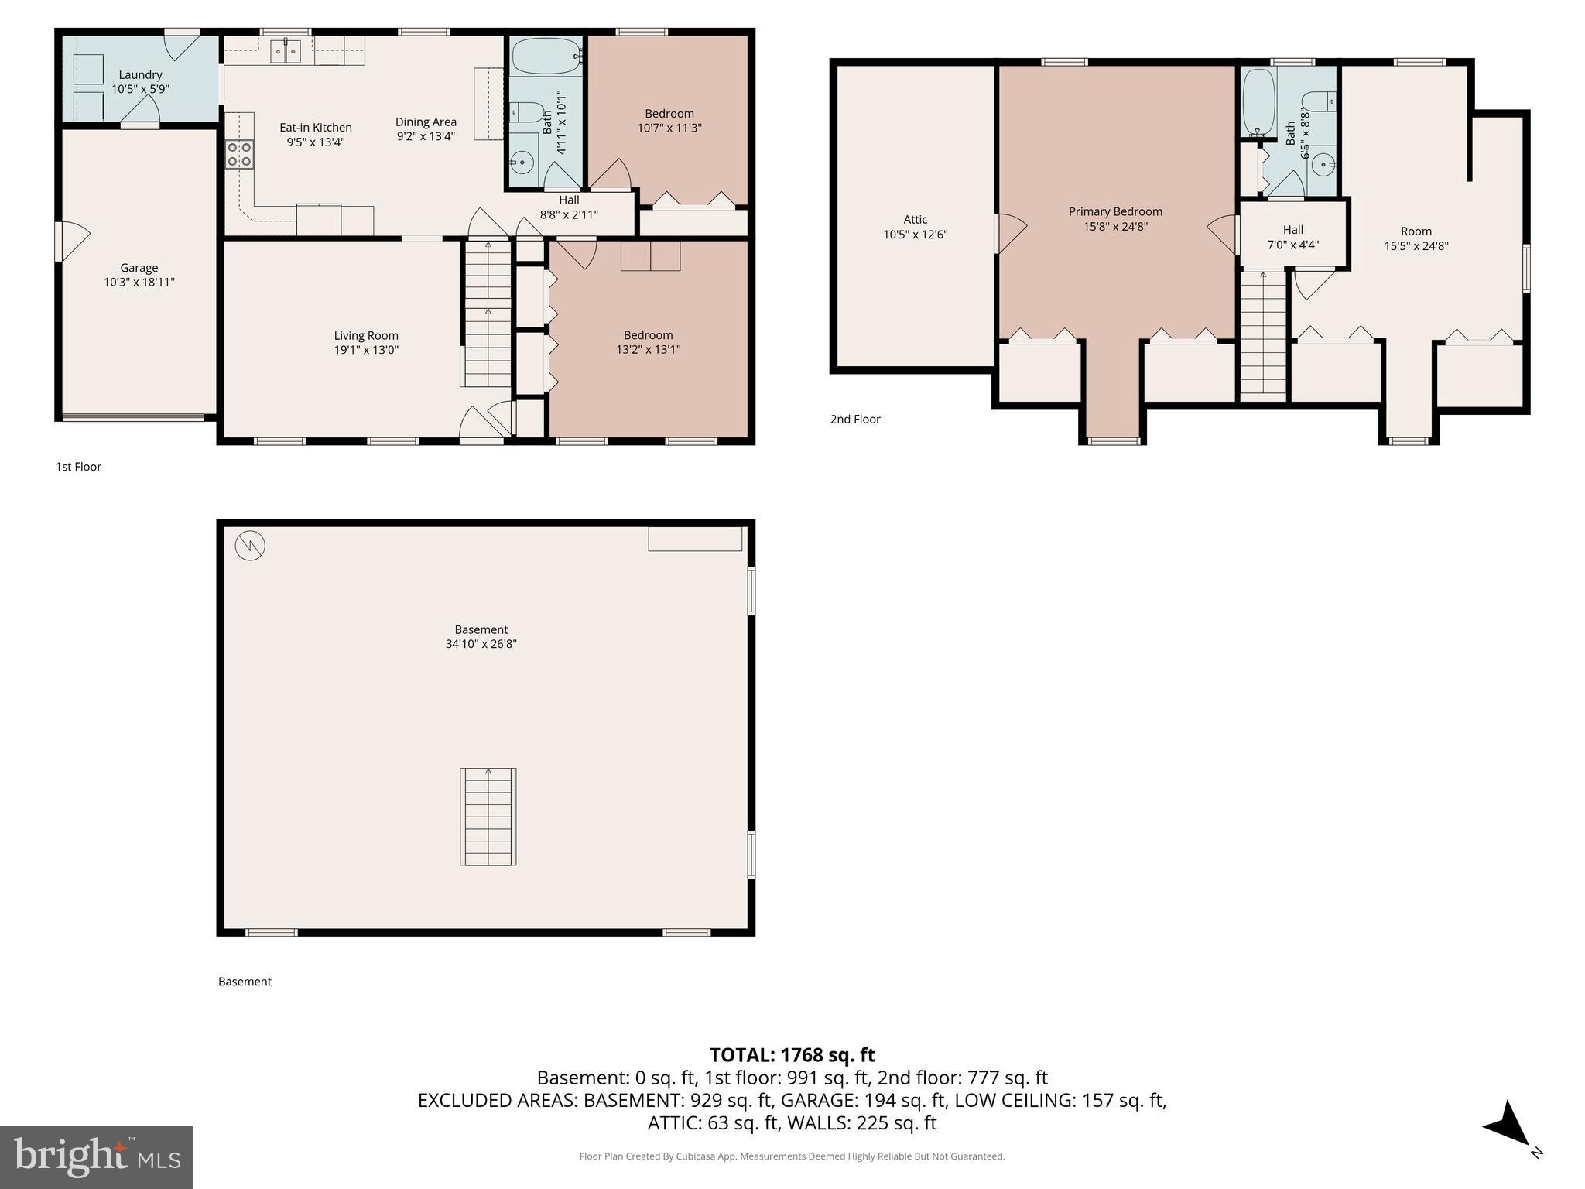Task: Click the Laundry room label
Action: point(140,75)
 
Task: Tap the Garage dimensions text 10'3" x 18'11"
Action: point(139,283)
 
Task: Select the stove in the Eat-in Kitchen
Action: point(239,154)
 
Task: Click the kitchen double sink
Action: point(286,51)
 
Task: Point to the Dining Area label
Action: point(426,122)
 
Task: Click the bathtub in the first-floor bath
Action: point(545,57)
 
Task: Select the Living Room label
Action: point(366,335)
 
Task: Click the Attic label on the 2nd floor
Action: point(915,220)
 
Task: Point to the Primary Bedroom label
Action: point(1115,211)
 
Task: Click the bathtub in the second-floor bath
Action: point(1258,102)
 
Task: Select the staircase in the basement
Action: point(488,817)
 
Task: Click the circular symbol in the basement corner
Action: point(250,546)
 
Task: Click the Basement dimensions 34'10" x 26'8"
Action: point(481,644)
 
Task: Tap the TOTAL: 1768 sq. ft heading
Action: point(792,1055)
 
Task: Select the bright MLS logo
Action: point(97,1156)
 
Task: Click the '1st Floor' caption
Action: point(78,467)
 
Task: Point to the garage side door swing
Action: point(74,241)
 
